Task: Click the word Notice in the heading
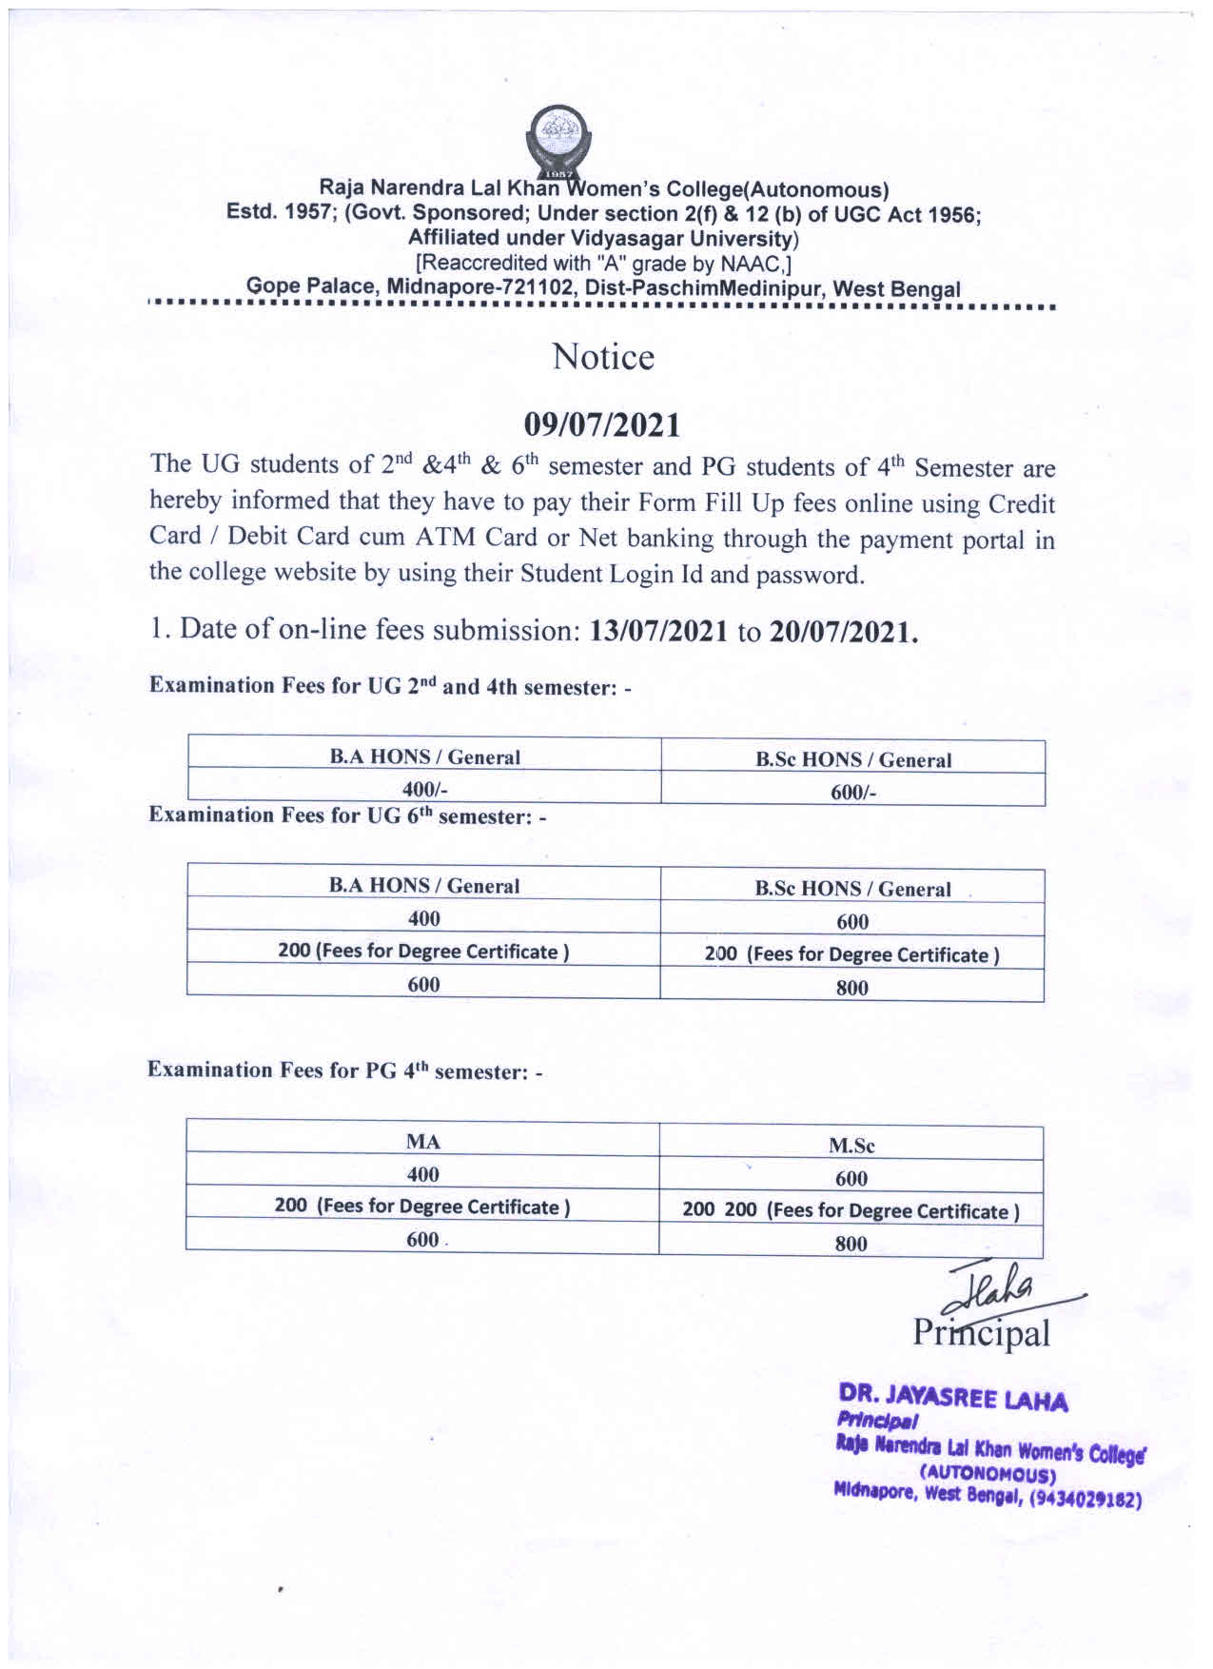click(x=603, y=358)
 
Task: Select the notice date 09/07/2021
click(x=603, y=425)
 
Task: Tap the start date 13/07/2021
click(x=658, y=632)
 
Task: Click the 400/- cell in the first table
click(x=424, y=789)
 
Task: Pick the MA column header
click(x=422, y=1142)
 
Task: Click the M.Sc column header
click(x=851, y=1146)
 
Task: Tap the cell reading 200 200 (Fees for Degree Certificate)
click(x=851, y=1211)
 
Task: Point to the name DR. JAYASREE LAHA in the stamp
click(x=952, y=1398)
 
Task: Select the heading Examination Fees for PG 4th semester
click(x=344, y=1071)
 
